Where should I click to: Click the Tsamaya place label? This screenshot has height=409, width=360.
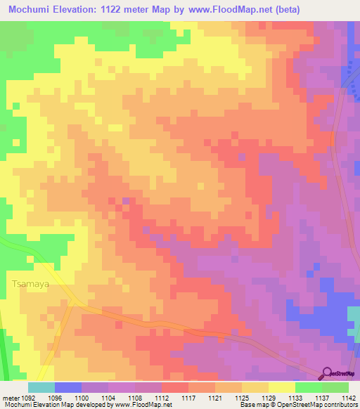(x=30, y=285)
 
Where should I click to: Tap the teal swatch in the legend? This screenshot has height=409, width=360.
(x=41, y=387)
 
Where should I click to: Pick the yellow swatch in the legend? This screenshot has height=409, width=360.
(x=281, y=387)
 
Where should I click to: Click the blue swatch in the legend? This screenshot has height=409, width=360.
(x=68, y=387)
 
